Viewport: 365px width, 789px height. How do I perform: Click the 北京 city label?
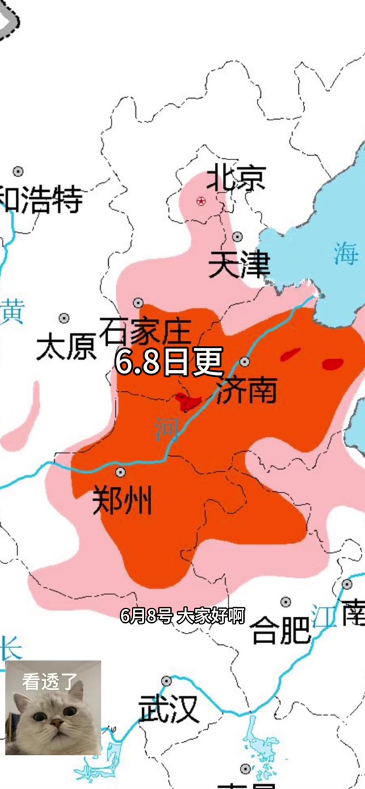pos(235,178)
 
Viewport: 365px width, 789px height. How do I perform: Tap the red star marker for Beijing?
pos(201,201)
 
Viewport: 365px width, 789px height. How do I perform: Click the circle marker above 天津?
pos(237,236)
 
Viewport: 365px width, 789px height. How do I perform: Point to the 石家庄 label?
pos(145,332)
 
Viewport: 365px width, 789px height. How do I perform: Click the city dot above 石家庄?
pos(138,303)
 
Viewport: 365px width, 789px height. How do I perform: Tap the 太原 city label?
pos(66,347)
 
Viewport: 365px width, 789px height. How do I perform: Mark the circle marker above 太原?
pos(64,318)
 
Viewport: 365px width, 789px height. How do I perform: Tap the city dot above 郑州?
pos(120,472)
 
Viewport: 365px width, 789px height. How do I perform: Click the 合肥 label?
pos(281,631)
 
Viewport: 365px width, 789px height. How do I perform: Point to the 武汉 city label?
pos(168,710)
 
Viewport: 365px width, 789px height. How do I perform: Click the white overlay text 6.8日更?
pos(168,362)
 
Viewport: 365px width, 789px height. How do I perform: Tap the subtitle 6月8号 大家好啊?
pos(182,615)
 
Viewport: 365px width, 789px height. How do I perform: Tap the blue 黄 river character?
pos(11,313)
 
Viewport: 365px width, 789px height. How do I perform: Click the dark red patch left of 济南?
pos(187,402)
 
